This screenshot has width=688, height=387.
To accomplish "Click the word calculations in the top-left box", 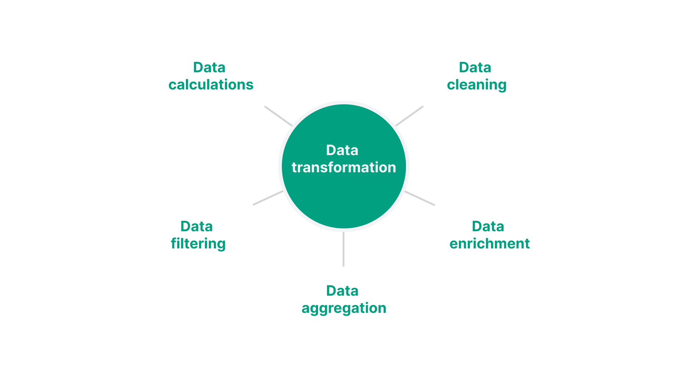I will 211,85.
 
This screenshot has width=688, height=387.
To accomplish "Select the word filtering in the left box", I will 198,244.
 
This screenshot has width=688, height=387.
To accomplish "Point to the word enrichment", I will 489,244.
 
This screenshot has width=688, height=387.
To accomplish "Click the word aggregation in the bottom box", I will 344,308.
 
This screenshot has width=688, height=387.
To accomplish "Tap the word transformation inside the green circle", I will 344,168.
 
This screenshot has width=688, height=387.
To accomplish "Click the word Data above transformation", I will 342,150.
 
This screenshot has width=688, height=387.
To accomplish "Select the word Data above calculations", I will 209,68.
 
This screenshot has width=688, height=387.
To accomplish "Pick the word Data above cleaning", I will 475,68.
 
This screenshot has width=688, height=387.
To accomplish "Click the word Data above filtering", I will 197,227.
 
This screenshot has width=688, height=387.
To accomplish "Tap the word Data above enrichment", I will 488,227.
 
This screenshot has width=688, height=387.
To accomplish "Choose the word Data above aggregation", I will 342,291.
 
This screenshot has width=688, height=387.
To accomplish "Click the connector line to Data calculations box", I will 278,116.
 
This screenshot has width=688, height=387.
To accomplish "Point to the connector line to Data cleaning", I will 409,116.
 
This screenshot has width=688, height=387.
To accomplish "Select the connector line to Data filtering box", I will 268,198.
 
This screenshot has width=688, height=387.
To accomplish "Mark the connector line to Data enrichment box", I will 420,198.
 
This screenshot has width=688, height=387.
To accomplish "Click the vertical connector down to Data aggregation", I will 343,249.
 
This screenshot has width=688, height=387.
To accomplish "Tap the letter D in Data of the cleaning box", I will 464,68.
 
